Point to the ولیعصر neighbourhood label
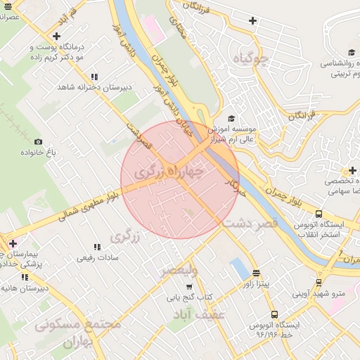tap(179, 269)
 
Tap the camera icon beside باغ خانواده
tap(38, 142)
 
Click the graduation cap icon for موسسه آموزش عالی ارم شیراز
tap(232, 118)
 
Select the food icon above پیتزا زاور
tap(255, 273)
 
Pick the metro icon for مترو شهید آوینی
tap(319, 283)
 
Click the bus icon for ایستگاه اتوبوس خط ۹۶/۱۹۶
tap(274, 315)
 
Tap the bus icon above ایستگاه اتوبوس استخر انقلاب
tap(319, 214)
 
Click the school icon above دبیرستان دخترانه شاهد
tap(94, 77)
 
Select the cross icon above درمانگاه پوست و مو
tap(56, 35)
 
